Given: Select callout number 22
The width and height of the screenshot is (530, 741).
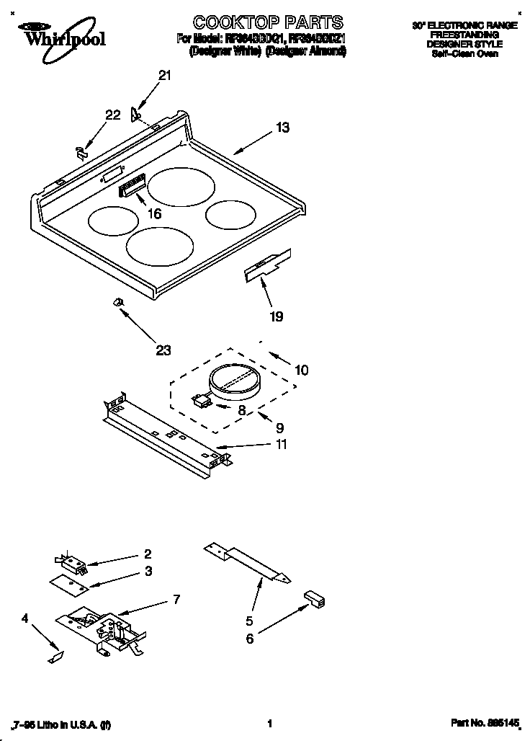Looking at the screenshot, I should point(112,115).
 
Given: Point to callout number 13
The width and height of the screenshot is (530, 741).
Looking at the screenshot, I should point(282,128).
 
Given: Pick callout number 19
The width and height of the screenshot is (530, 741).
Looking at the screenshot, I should point(276,316).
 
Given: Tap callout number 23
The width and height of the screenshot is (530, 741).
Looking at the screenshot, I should point(163,350).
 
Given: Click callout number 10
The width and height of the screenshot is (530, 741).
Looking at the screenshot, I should point(301,370).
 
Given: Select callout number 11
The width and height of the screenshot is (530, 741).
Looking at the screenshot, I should point(280,445).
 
